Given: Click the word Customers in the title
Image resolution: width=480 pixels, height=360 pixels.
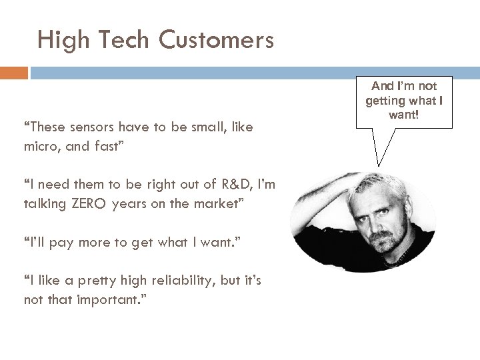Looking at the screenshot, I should (x=216, y=41).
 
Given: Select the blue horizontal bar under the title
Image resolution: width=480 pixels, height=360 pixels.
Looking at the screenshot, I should (x=253, y=72).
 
